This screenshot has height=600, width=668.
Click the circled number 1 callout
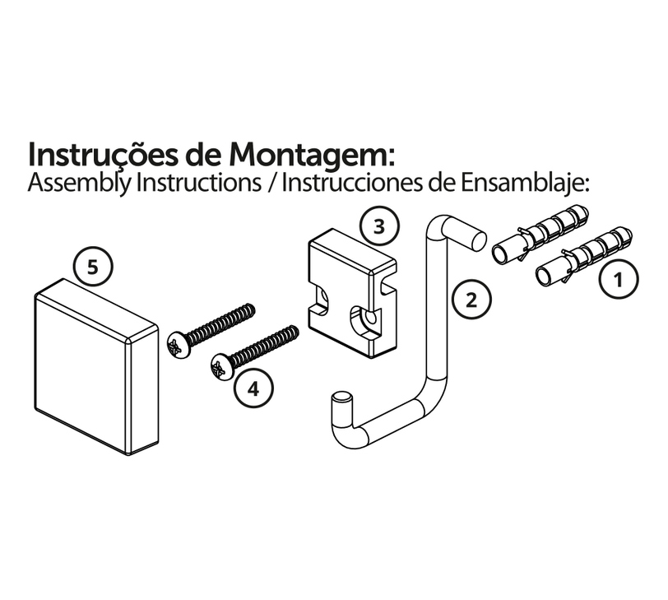619,279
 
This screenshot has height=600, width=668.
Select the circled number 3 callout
379,226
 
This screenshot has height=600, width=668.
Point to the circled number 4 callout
253,388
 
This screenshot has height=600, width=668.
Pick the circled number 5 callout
92,267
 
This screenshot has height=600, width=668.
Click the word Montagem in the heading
309,155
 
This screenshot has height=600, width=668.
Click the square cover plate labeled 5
96,367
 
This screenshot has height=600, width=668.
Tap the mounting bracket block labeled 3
352,293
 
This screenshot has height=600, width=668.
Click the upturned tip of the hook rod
342,398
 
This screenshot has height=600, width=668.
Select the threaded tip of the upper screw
249,309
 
